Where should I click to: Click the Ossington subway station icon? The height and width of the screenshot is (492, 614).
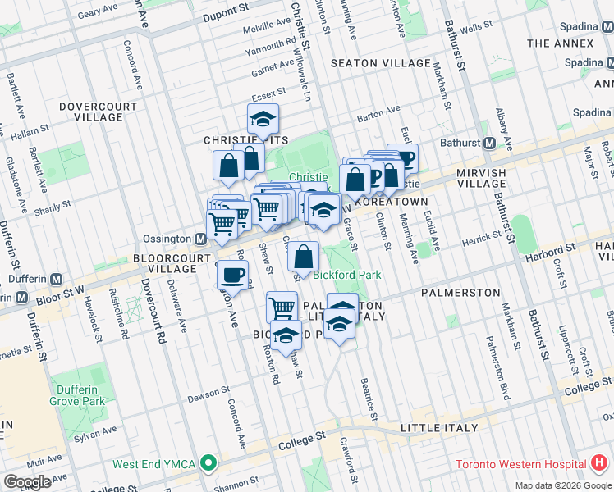point(199,239)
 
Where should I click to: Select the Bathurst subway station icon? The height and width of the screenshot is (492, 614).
point(488,143)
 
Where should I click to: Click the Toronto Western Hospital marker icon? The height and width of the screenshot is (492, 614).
point(603,462)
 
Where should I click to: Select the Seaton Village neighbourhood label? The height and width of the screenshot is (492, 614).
point(380,63)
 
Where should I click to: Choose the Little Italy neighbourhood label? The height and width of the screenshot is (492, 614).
point(439,428)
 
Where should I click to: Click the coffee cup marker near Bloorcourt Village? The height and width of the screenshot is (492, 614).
point(233,275)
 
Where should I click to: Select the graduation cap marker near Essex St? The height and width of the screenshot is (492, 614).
point(263,120)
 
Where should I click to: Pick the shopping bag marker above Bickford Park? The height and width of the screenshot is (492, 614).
point(303,257)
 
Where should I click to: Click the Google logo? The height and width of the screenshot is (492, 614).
point(28,481)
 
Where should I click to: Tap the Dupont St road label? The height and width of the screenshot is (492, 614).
point(226,9)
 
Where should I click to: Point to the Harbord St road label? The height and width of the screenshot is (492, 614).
point(551,249)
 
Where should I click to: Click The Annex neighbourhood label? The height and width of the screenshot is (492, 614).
point(561,43)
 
